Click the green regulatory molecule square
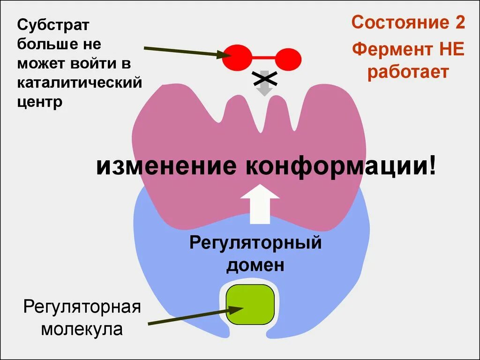(x=250, y=305)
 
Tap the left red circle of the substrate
(x=237, y=58)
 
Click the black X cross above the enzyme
(x=264, y=79)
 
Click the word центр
(x=40, y=102)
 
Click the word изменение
(x=167, y=166)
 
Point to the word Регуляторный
(x=255, y=244)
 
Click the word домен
(x=255, y=265)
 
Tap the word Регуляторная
(x=82, y=308)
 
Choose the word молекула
(x=82, y=329)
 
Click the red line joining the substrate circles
(x=263, y=59)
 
